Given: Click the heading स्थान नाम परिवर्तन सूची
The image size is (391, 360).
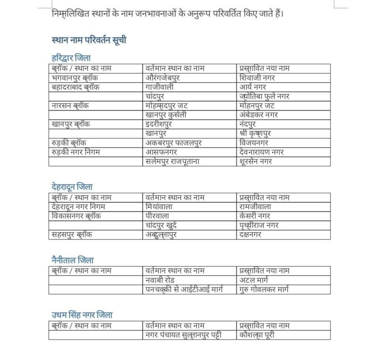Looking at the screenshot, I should pyautogui.click(x=89, y=40).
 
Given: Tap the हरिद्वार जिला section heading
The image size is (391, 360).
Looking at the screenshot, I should pyautogui.click(x=71, y=58).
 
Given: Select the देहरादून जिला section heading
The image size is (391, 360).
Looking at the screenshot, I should pyautogui.click(x=72, y=187).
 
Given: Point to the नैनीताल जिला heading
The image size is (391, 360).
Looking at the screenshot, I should pyautogui.click(x=73, y=260).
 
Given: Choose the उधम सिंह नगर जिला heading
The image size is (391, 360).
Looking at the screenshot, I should pyautogui.click(x=82, y=315).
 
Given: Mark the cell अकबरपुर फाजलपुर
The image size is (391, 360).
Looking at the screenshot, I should pyautogui.click(x=174, y=143).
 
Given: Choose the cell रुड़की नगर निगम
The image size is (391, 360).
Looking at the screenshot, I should pyautogui.click(x=76, y=152).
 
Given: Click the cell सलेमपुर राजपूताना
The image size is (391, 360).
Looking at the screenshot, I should pyautogui.click(x=172, y=161).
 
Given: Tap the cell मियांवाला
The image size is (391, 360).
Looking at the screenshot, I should pyautogui.click(x=159, y=207).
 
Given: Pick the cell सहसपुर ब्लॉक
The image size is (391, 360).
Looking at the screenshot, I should pyautogui.click(x=71, y=235).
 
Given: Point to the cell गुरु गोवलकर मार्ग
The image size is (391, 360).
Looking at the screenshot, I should pyautogui.click(x=264, y=289).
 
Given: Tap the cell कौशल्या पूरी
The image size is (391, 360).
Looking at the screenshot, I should pyautogui.click(x=257, y=335).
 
